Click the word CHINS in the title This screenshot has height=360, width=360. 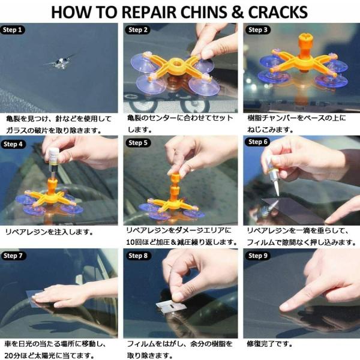203,12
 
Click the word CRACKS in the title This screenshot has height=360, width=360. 278,12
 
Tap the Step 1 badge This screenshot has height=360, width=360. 13,30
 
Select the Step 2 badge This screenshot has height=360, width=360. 138,30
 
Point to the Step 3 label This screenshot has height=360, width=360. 258,30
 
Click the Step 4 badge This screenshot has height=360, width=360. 13,144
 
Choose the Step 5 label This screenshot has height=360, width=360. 138,143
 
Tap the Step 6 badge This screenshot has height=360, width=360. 258,142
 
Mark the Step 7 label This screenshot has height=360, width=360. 13,256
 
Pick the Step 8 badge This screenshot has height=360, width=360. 138,256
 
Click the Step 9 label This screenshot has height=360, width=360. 258,256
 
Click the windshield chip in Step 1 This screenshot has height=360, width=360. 61,62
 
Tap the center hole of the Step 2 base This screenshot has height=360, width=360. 178,62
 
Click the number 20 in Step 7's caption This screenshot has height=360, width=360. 9,355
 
